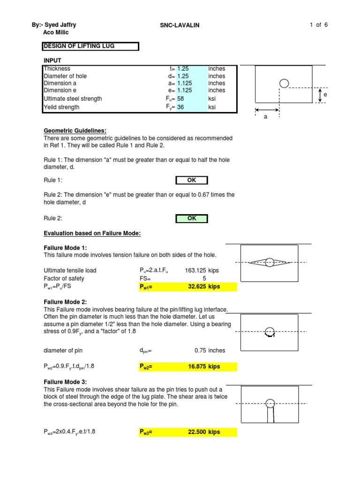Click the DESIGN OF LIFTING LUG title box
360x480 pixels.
pos(91,46)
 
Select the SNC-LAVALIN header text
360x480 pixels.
pos(180,25)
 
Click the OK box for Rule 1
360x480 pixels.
pos(191,180)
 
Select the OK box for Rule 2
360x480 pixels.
pos(191,218)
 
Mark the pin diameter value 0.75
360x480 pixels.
pos(202,350)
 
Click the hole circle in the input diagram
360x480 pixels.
pos(284,83)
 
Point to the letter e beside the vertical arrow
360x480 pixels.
pos(325,95)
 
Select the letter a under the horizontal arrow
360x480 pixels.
pos(266,117)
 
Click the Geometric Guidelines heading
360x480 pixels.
pos(75,130)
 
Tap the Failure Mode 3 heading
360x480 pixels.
pos(65,382)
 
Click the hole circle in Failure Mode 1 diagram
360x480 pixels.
pos(269,262)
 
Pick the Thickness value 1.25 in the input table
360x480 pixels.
pos(183,68)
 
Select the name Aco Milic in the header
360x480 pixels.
pos(56,32)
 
